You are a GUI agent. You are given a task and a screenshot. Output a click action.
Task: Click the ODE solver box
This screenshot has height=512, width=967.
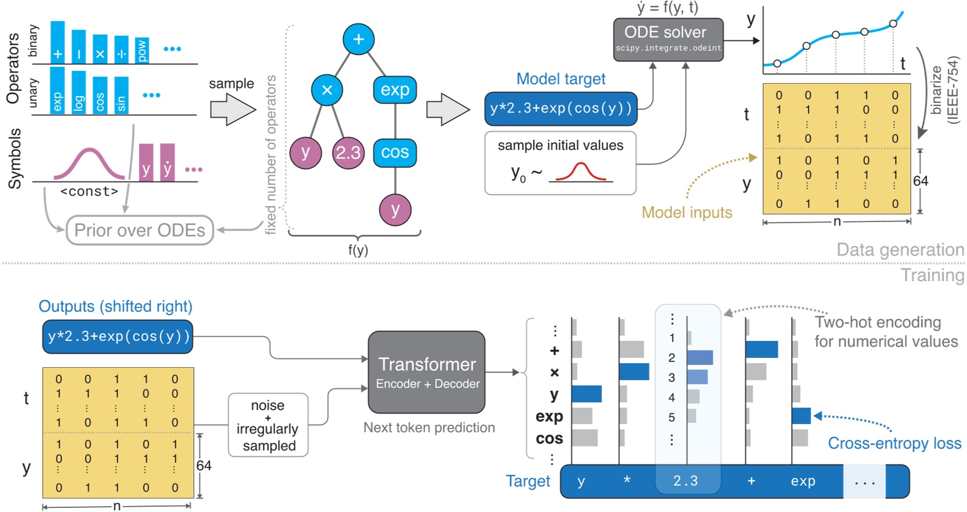click(668, 39)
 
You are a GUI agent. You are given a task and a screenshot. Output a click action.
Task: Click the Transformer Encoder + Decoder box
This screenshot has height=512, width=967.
click(426, 372)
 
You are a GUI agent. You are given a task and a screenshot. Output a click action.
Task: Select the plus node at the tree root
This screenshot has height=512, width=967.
click(358, 39)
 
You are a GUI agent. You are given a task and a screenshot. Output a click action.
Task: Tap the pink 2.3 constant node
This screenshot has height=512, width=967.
click(348, 153)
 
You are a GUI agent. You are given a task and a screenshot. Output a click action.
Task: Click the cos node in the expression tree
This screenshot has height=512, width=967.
click(395, 153)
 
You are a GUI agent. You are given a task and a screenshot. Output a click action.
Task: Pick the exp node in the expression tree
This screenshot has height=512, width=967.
click(395, 90)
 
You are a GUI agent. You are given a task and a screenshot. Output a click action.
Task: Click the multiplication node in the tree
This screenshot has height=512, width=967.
click(327, 90)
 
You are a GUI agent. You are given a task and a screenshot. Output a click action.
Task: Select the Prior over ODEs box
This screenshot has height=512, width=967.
click(139, 230)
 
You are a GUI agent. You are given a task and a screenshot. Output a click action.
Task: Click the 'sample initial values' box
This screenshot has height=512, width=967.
click(560, 163)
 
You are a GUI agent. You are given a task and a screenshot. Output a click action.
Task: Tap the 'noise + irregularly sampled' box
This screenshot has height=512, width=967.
click(268, 425)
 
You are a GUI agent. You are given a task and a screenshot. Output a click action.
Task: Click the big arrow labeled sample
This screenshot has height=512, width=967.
click(233, 110)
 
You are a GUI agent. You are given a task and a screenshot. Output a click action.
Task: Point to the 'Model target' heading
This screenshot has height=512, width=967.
click(561, 79)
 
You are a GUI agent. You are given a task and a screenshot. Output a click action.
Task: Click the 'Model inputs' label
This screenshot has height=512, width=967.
click(686, 213)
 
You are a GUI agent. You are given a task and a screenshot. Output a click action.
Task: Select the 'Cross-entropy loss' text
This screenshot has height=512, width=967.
click(894, 443)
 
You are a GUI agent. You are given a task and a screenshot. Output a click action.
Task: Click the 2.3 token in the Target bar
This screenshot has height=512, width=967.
click(685, 482)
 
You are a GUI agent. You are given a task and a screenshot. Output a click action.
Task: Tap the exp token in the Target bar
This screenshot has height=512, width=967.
click(802, 482)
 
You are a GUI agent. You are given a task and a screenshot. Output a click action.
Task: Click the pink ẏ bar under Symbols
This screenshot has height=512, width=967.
click(168, 163)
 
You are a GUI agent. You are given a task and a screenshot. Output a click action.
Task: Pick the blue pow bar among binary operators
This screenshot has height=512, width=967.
click(142, 50)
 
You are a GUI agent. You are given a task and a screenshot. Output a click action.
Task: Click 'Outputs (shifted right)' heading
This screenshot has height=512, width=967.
click(115, 306)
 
